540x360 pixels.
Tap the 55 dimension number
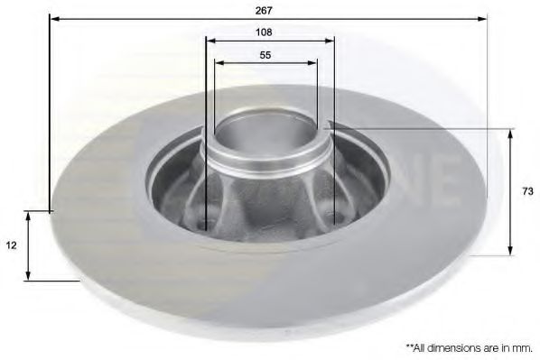tap(265, 54)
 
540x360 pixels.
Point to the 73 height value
tap(526, 191)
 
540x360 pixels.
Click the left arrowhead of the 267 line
tap(52, 18)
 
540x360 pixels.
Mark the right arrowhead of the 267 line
tap(484, 18)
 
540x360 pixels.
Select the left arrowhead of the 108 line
tap(209, 40)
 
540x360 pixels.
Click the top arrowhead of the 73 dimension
tap(511, 134)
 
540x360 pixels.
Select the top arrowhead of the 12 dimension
tap(30, 217)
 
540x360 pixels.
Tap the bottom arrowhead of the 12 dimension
tap(30, 275)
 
